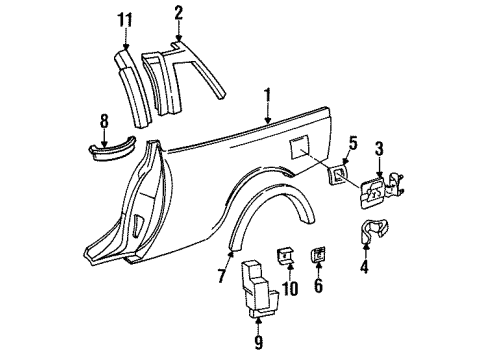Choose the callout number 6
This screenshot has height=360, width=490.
(x=320, y=284)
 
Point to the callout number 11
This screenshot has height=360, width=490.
(x=124, y=20)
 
